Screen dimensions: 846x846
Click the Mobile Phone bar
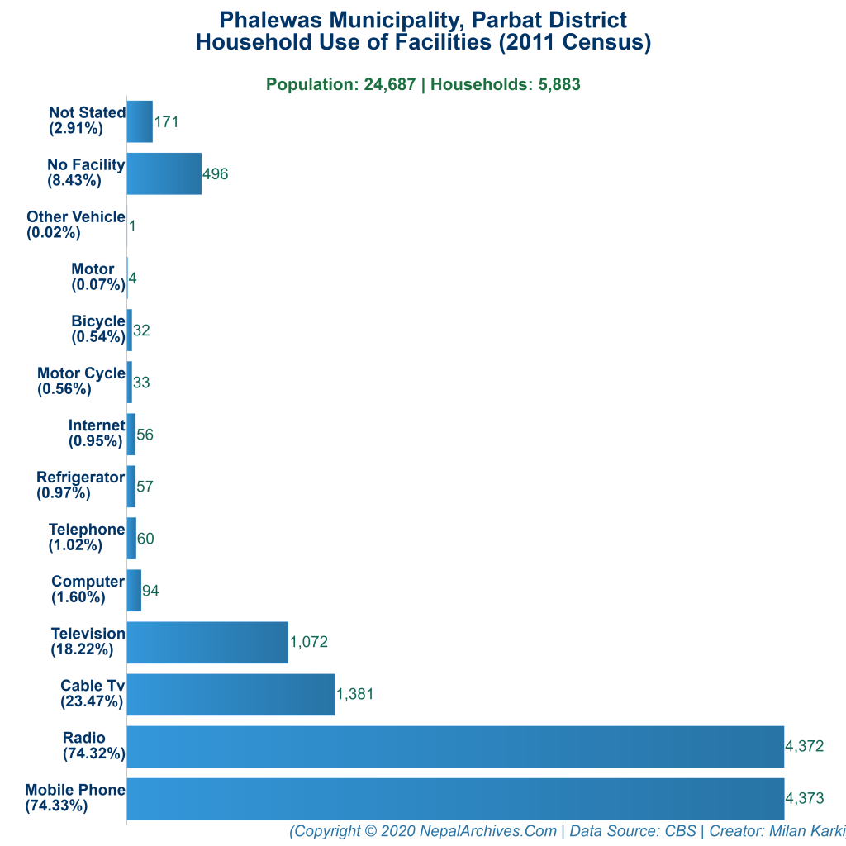click(455, 798)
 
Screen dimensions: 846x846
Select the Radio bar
click(455, 746)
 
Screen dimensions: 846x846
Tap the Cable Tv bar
click(231, 694)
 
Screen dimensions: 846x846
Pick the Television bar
click(207, 642)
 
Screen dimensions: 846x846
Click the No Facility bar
click(164, 173)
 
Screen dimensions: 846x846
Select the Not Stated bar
click(140, 121)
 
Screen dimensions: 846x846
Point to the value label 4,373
click(805, 798)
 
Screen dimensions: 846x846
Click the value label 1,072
click(309, 642)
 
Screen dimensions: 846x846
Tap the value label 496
click(215, 173)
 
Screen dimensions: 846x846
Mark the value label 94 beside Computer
click(150, 590)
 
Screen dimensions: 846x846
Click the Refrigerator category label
click(80, 485)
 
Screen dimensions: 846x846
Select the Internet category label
click(97, 433)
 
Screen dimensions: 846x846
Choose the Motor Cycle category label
click(81, 381)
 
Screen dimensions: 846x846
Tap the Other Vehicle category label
click(75, 225)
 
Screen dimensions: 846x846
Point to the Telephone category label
click(87, 537)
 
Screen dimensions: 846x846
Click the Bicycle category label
click(97, 329)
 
